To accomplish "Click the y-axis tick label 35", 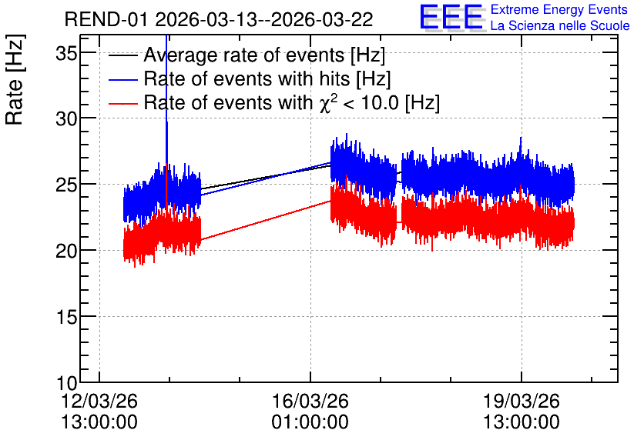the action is pyautogui.click(x=66, y=53).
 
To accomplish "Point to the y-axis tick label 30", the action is pyautogui.click(x=66, y=119).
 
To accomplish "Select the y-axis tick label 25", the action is pyautogui.click(x=66, y=185).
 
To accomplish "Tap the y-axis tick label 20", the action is pyautogui.click(x=66, y=251).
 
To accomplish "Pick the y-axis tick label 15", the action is pyautogui.click(x=66, y=317).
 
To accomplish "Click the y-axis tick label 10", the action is pyautogui.click(x=66, y=383).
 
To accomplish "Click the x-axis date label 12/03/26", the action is pyautogui.click(x=99, y=401).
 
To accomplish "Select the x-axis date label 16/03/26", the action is pyautogui.click(x=310, y=401).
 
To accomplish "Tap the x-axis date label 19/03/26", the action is pyautogui.click(x=522, y=401).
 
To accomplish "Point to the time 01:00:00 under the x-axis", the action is pyautogui.click(x=310, y=422).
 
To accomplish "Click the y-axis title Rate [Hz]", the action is pyautogui.click(x=15, y=79).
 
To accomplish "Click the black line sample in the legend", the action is pyautogui.click(x=123, y=55).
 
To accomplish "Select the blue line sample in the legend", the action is pyautogui.click(x=123, y=79).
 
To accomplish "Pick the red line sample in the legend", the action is pyautogui.click(x=123, y=103).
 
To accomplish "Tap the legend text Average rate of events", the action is pyautogui.click(x=244, y=55).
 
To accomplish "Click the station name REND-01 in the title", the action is pyautogui.click(x=106, y=19).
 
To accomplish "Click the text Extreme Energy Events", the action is pyautogui.click(x=559, y=9).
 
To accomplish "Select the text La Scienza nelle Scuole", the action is pyautogui.click(x=560, y=26).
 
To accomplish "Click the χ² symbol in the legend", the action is pyautogui.click(x=328, y=102).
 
